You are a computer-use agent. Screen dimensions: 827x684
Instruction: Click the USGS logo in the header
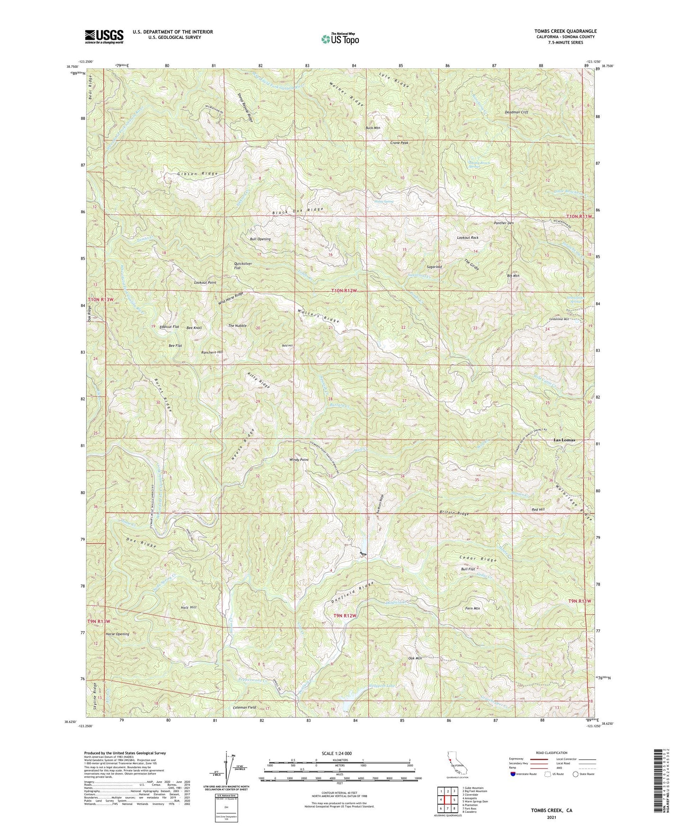pyautogui.click(x=104, y=36)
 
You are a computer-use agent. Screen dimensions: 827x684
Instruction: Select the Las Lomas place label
pyautogui.click(x=564, y=440)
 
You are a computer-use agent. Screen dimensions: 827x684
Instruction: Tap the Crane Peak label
pyautogui.click(x=399, y=143)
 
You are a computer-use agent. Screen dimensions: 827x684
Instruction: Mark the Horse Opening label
pyautogui.click(x=117, y=634)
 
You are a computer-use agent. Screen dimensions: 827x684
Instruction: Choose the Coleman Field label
pyautogui.click(x=245, y=708)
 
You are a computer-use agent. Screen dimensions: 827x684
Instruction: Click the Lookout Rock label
pyautogui.click(x=468, y=237)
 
